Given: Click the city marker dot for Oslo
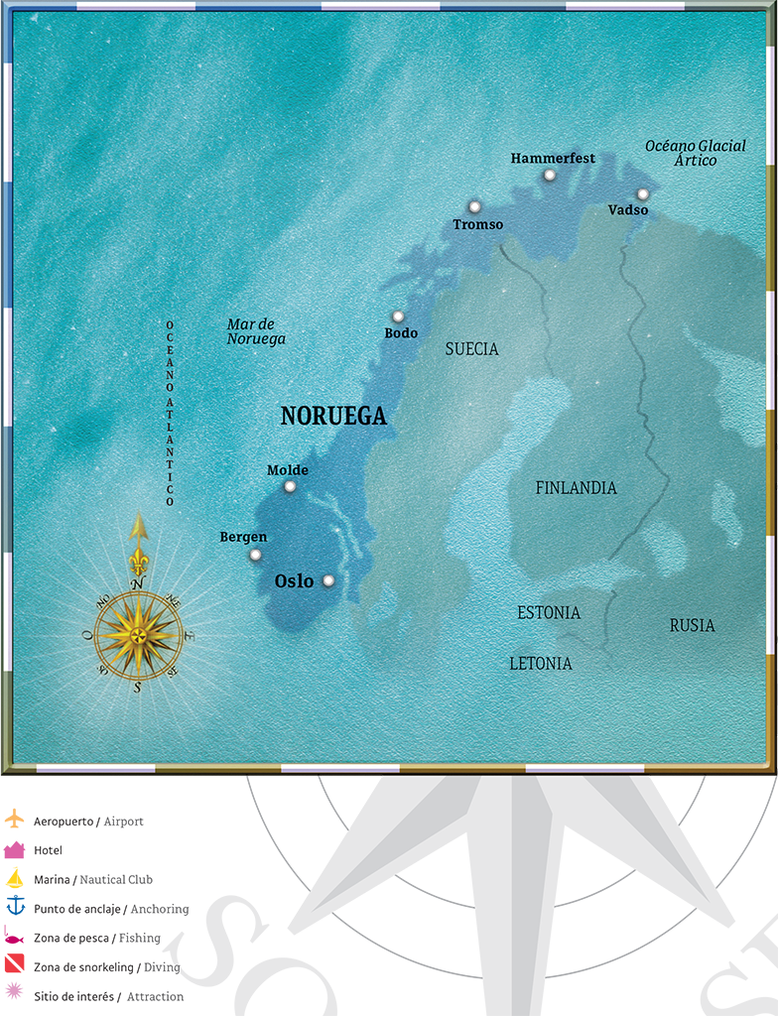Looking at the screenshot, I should (328, 580).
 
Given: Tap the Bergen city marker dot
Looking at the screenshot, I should (255, 555).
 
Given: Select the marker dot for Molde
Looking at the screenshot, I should (290, 486).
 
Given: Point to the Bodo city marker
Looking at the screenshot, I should (398, 317).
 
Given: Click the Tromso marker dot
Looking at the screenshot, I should (474, 206).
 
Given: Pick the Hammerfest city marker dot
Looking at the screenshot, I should (549, 176).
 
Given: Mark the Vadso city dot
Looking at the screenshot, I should (643, 194).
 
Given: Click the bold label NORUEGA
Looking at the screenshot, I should (333, 417).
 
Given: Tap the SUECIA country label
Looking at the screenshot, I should (472, 349).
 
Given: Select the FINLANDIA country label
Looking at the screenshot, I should (576, 488).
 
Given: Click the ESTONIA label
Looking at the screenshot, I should (549, 613).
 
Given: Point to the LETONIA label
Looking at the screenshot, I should (541, 663).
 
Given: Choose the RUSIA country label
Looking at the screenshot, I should (692, 626).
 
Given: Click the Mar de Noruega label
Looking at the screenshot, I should (256, 331).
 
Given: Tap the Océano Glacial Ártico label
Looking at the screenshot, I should (696, 153).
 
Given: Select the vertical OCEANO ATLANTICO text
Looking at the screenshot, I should (170, 413).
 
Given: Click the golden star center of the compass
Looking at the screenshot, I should (138, 634).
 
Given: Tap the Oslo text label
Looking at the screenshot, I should (294, 581).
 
